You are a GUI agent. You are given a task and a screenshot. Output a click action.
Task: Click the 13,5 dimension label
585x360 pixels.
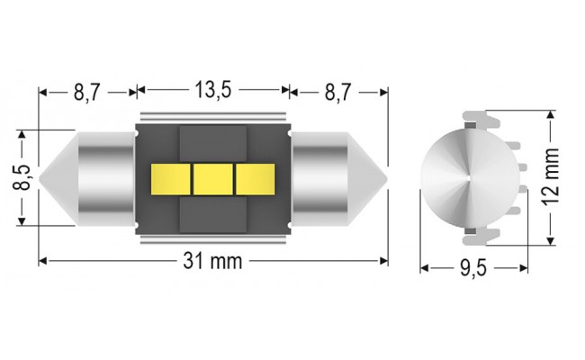coord(213,91)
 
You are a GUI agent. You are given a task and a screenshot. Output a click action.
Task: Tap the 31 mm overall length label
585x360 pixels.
coord(213,261)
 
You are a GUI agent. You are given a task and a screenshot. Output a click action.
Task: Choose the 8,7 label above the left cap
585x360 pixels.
coord(86,91)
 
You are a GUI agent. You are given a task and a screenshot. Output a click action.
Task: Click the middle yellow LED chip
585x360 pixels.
coord(213,177)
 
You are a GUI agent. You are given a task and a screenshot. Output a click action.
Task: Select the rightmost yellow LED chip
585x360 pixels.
coord(253,177)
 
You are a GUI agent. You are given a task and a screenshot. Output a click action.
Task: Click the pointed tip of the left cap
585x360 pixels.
coord(41,177)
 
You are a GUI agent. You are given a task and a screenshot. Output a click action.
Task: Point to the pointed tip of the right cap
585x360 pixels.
coord(385,177)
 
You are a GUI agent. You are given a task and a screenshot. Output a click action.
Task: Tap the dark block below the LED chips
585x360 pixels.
coord(213,212)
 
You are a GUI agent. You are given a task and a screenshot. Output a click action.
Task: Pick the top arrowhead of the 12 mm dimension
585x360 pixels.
coord(550,114)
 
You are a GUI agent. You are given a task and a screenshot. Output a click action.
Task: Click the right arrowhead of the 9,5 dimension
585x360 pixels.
coord(523,268)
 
